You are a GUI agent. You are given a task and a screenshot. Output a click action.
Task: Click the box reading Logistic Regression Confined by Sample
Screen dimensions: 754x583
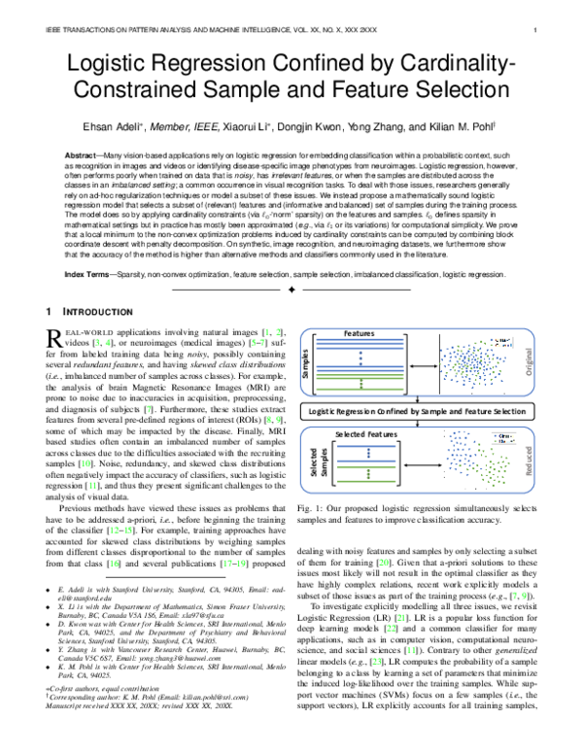(420, 411)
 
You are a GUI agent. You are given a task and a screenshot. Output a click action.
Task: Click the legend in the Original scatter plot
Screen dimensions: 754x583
(506, 346)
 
